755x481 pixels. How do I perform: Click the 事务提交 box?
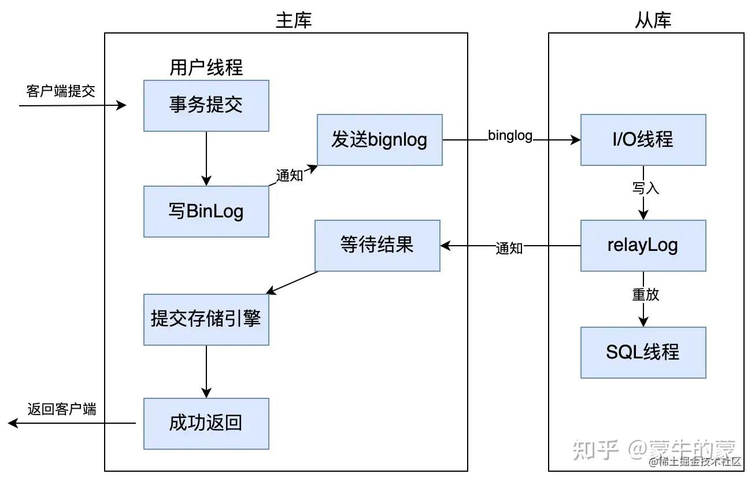tap(206, 105)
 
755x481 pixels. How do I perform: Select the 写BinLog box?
tap(206, 211)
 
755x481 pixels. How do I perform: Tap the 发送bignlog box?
tap(379, 139)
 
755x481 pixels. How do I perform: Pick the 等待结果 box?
tap(377, 245)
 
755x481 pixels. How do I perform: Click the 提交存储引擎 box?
tap(206, 319)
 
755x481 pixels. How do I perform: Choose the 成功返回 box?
tap(206, 423)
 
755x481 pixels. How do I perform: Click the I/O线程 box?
tap(643, 139)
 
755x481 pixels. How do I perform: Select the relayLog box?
tap(643, 245)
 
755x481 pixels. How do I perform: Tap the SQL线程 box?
tap(643, 352)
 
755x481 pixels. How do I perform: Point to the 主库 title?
tap(294, 21)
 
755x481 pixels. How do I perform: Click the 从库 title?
tap(653, 21)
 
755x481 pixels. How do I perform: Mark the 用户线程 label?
tap(206, 68)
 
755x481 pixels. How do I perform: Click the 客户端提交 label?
tap(61, 91)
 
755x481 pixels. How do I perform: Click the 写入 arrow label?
tap(645, 188)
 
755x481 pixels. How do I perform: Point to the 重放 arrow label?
tap(645, 294)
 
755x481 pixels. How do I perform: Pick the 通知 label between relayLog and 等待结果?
tap(509, 248)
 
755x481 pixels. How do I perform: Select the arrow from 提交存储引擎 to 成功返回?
tap(206, 371)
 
